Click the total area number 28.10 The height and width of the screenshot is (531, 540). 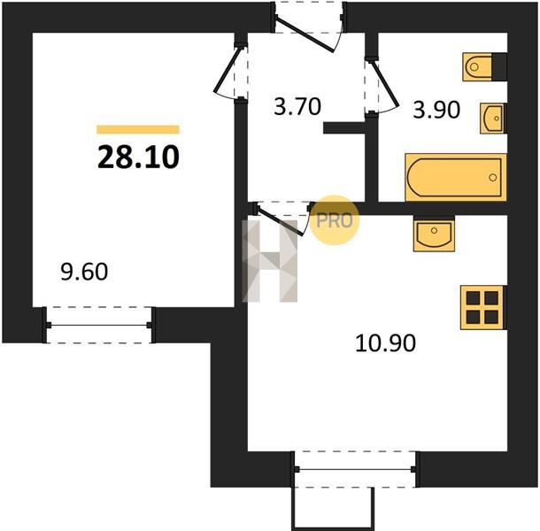pyautogui.click(x=138, y=157)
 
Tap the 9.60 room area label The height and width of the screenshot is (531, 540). pyautogui.click(x=84, y=272)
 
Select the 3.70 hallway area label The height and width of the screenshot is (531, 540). pyautogui.click(x=297, y=106)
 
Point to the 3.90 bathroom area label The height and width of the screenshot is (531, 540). pyautogui.click(x=436, y=111)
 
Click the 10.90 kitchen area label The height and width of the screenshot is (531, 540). pyautogui.click(x=385, y=343)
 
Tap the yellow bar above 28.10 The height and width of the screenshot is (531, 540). pyautogui.click(x=138, y=129)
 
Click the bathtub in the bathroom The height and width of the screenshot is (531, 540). pyautogui.click(x=456, y=177)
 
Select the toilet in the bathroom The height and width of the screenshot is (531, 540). pyautogui.click(x=484, y=66)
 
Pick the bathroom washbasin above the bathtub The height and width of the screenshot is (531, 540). pyautogui.click(x=493, y=119)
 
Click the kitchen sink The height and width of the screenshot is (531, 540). pyautogui.click(x=434, y=233)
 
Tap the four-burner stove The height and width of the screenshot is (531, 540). pyautogui.click(x=483, y=307)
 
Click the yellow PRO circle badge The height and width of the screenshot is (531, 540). pyautogui.click(x=335, y=220)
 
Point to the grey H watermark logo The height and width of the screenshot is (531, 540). pyautogui.click(x=270, y=261)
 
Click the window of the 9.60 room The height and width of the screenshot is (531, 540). pyautogui.click(x=99, y=325)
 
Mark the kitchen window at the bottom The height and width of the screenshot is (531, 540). pyautogui.click(x=355, y=469)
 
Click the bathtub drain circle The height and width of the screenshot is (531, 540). pyautogui.click(x=493, y=177)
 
